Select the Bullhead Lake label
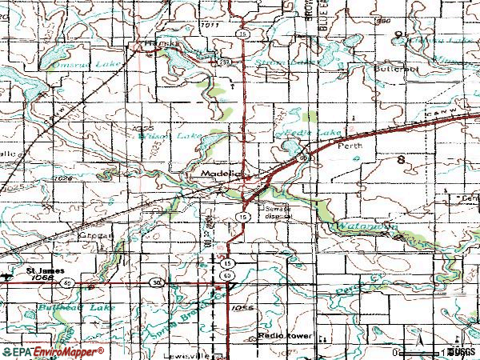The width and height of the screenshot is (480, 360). [x=77, y=306]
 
